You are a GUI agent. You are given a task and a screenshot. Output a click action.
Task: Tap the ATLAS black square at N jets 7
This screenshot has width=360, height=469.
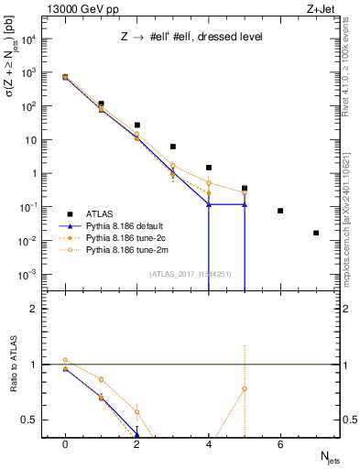tap(316, 233)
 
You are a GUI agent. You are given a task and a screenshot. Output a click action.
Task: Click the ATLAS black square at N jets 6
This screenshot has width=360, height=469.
tap(280, 211)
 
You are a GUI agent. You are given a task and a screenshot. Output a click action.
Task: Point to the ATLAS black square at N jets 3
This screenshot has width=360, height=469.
tap(173, 147)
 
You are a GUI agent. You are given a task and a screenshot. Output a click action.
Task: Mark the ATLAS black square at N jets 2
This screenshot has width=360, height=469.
tap(137, 125)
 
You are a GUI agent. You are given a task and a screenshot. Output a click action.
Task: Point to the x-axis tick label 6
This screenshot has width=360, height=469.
tap(280, 444)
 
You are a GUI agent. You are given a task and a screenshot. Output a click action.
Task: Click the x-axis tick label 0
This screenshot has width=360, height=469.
tap(65, 444)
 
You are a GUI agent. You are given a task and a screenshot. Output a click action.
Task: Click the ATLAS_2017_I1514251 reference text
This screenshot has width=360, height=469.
tap(188, 273)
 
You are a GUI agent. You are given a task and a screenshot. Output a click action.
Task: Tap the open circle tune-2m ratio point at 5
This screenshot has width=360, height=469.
tap(245, 388)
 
